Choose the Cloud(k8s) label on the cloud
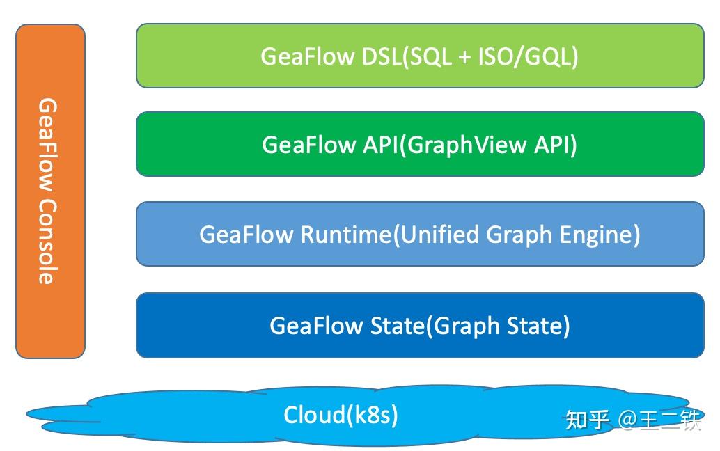pos(341,416)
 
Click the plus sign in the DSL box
pos(465,57)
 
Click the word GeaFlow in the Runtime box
pos(246,235)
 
